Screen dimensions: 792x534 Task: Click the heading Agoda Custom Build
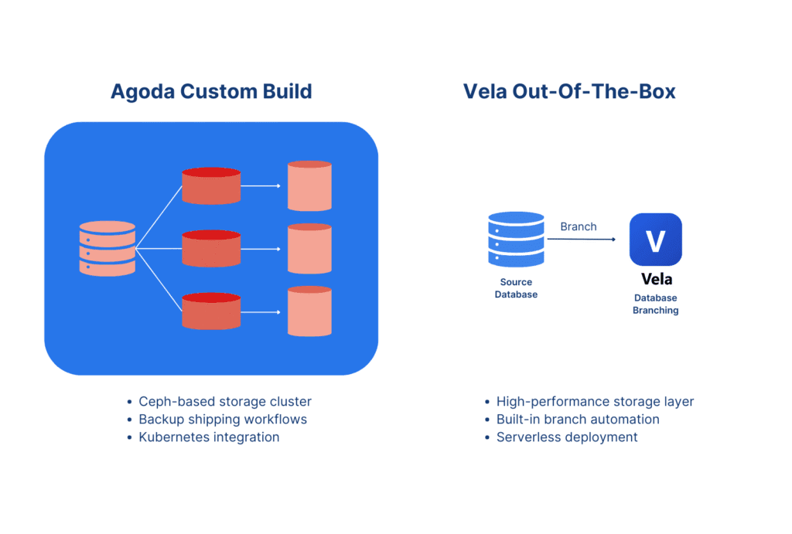(x=211, y=92)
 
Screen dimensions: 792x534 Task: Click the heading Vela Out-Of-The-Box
(x=569, y=91)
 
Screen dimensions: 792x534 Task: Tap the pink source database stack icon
(x=107, y=248)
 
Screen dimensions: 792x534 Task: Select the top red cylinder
(x=211, y=185)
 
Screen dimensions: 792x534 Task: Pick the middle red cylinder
(x=211, y=248)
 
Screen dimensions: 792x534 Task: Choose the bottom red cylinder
(x=211, y=311)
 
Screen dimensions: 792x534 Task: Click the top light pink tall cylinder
(x=309, y=185)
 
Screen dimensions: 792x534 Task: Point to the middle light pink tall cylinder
(x=309, y=248)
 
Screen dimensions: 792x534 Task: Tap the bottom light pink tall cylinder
(x=309, y=311)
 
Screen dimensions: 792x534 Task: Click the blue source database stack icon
(x=516, y=240)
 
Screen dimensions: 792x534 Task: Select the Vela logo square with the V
(x=656, y=240)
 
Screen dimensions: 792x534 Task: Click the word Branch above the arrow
(x=579, y=226)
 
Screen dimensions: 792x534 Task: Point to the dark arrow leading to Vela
(x=582, y=240)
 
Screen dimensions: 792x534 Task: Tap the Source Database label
(x=516, y=288)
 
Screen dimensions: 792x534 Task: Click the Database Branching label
(x=656, y=304)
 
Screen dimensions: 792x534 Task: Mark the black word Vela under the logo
(x=657, y=279)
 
